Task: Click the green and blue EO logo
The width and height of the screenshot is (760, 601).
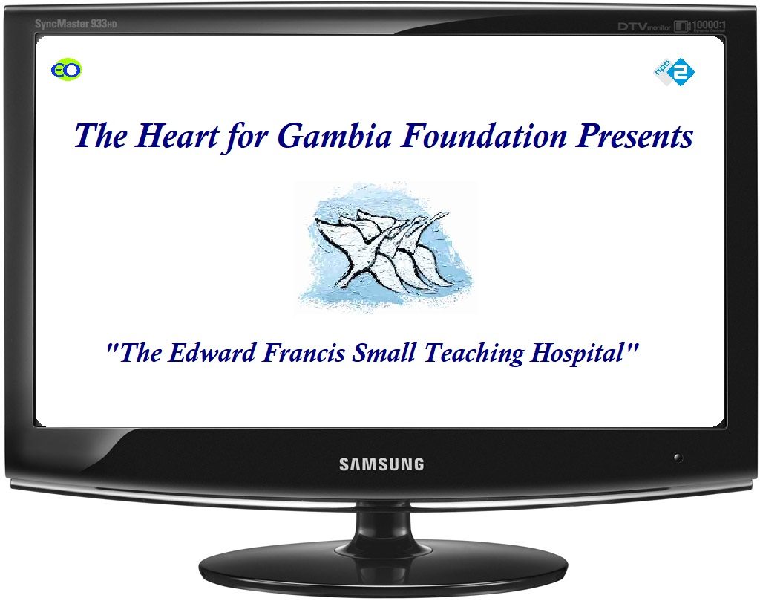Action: coord(66,70)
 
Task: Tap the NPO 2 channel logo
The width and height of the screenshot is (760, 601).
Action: coord(674,72)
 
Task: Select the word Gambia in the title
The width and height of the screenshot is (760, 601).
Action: coord(335,135)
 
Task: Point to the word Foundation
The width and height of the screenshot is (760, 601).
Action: coord(484,135)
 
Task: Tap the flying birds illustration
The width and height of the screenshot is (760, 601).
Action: coord(385,247)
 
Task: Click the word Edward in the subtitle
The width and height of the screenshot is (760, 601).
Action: coord(212,353)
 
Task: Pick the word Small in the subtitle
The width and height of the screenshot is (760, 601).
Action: coord(384,353)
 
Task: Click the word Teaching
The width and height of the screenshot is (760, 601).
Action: coord(474,354)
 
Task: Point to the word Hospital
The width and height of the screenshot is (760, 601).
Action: coord(577,354)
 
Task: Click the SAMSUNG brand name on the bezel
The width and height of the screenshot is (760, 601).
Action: coord(381,464)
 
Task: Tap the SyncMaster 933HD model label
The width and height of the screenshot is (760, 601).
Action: coord(76,23)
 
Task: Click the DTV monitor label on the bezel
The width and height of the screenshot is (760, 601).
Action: coord(644,27)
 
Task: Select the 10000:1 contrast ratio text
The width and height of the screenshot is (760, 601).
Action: coord(709,25)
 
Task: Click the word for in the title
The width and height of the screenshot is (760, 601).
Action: coord(248,136)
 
